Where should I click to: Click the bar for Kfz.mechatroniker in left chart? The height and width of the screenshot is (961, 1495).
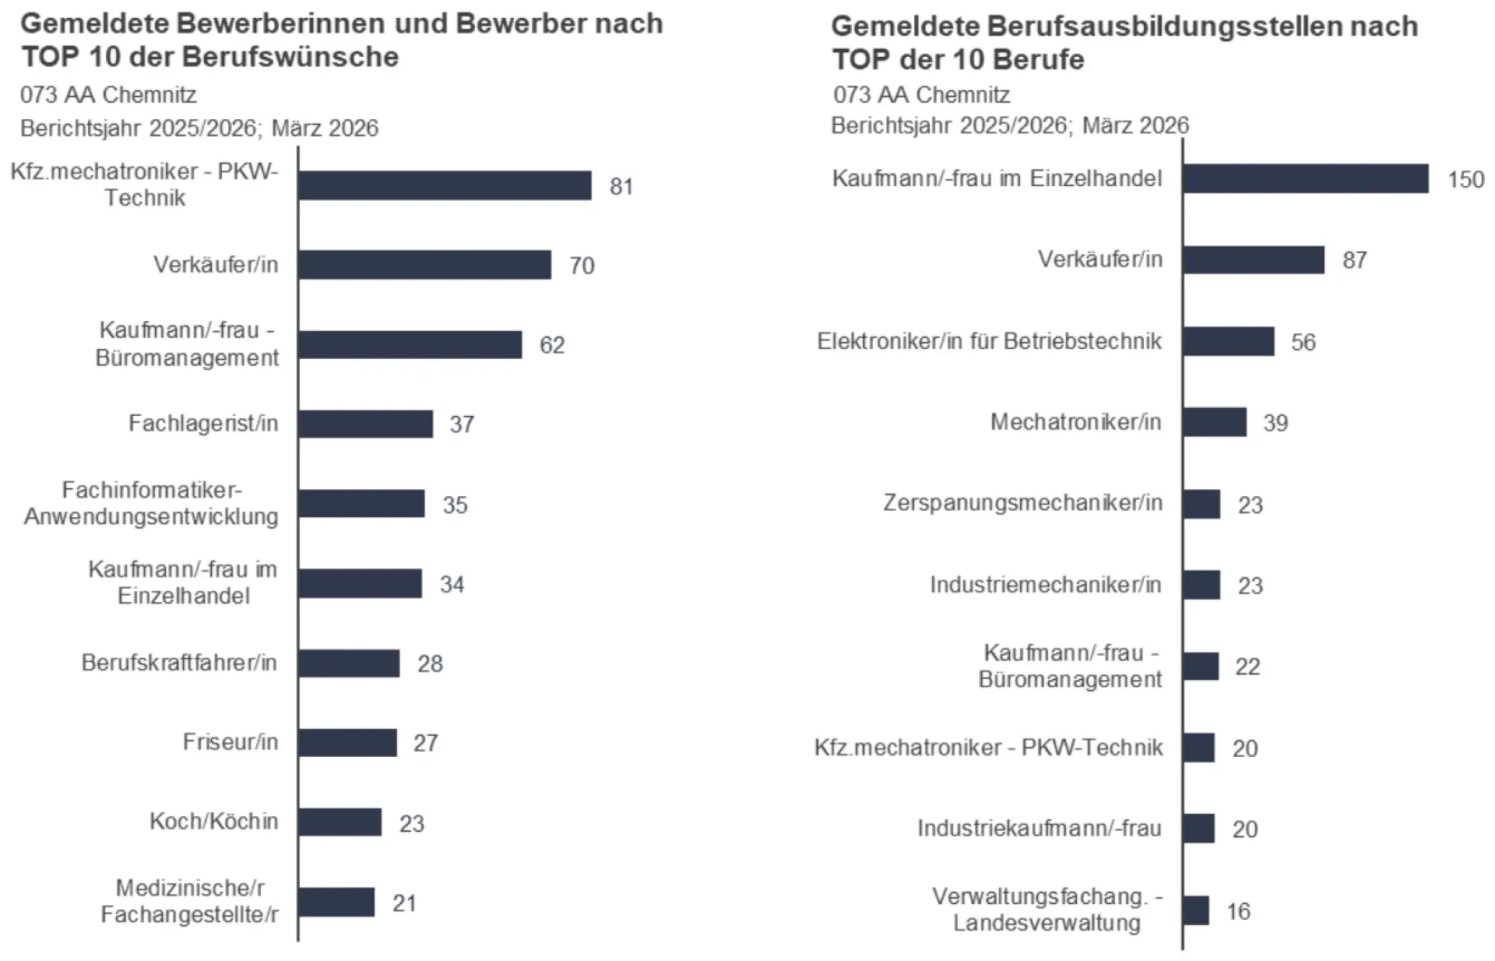[445, 185]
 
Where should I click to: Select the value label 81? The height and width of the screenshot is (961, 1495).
[621, 187]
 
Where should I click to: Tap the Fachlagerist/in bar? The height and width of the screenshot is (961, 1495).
[365, 424]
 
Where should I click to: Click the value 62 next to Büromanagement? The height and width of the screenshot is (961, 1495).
[552, 345]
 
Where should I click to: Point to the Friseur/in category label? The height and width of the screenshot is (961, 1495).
[230, 741]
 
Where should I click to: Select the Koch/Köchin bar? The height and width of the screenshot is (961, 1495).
[340, 822]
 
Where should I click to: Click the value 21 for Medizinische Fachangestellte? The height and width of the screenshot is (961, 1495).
[404, 903]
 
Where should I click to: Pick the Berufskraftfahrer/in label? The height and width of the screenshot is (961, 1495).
[179, 663]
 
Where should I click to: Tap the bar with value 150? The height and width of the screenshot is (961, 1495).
[1306, 178]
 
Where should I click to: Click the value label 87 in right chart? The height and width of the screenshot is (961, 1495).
[1354, 260]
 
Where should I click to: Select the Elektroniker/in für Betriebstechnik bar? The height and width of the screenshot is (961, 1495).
[1229, 341]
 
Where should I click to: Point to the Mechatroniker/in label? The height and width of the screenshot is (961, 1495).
[1075, 422]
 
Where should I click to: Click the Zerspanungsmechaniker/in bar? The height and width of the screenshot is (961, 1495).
[1201, 504]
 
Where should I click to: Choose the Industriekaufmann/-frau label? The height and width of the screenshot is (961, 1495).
[1039, 828]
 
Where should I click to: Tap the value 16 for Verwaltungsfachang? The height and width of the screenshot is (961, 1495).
[1238, 911]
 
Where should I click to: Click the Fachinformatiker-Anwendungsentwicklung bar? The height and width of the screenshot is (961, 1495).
[361, 504]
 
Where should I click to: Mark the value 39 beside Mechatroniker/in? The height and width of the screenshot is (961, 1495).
[1275, 423]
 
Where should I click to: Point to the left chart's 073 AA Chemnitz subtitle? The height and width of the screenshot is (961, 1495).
[108, 95]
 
